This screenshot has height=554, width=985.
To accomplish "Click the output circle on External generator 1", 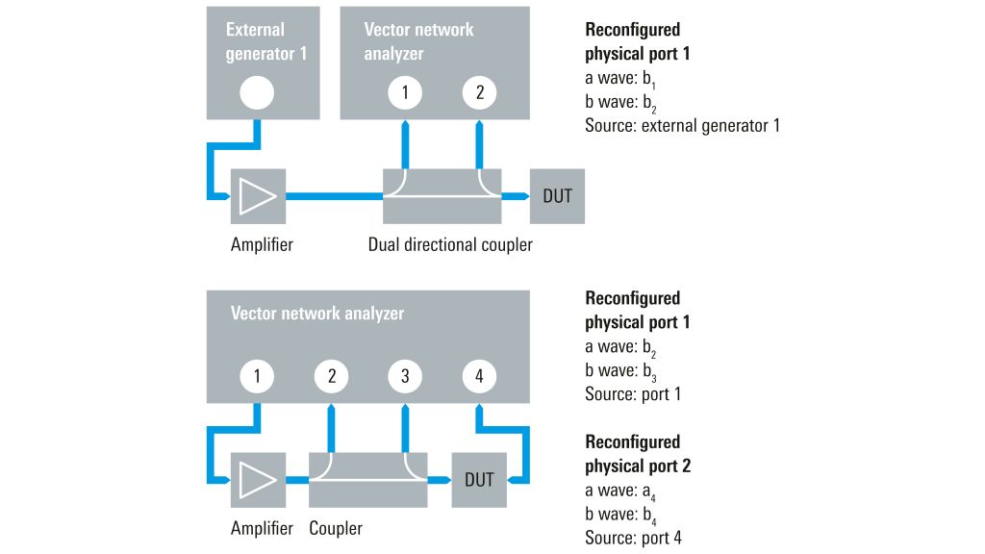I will [257, 93].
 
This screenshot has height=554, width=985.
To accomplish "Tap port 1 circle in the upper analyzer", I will [406, 93].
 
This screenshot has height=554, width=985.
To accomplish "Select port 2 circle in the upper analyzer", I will [479, 93].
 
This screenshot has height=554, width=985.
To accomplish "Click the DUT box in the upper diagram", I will [557, 196].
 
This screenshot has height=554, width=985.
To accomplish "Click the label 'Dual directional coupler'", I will [450, 244].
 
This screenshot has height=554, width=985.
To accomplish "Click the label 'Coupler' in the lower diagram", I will [336, 528].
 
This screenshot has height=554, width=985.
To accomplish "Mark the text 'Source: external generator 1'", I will [682, 125].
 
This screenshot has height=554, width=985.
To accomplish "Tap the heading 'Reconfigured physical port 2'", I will [638, 454].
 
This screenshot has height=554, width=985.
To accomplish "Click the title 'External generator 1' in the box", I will [266, 41].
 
